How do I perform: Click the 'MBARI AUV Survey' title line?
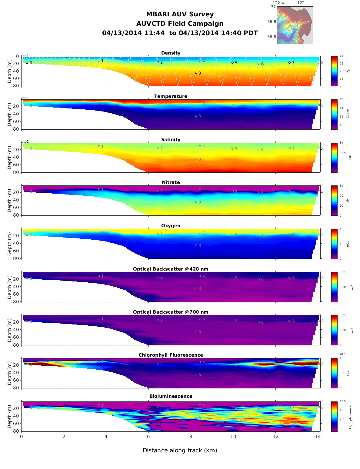coord(180,14)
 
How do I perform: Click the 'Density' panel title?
coord(171,53)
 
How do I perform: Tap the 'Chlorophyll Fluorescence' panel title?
coord(171,355)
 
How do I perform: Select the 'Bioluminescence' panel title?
coord(171,396)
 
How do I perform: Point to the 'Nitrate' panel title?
coord(171,182)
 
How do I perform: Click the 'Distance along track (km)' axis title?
coord(180,450)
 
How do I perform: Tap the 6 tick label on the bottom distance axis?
coord(148,437)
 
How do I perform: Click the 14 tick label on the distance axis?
coord(318,437)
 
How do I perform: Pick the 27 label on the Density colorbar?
coord(341,57)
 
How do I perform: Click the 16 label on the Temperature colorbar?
coord(341,100)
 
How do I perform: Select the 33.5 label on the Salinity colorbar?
coord(342,153)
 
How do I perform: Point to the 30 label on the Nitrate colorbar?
coord(341,186)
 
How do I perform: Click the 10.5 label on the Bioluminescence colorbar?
coord(342,402)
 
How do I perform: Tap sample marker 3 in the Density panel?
coord(196,73)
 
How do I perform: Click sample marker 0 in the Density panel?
coord(27,63)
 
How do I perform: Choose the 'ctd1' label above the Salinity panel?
coord(25,141)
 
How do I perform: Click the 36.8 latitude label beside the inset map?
coord(272,22)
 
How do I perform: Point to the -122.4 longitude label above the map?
coord(277,3)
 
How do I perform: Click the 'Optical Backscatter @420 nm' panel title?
coord(171,269)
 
